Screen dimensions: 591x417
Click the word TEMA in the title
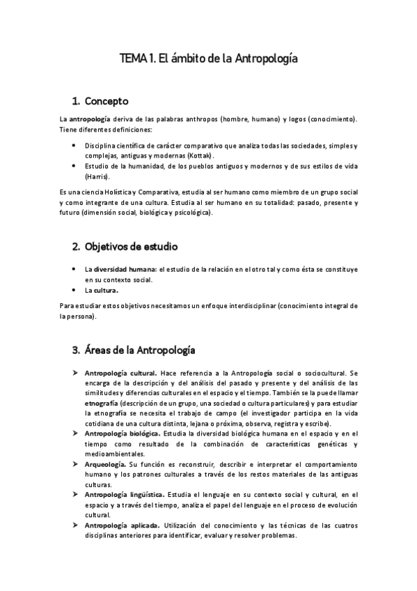coord(133,59)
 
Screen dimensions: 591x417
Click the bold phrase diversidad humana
coord(125,269)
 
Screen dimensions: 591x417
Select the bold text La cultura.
coord(102,290)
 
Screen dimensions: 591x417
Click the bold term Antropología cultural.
coord(120,372)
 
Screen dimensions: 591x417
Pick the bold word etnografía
coord(102,403)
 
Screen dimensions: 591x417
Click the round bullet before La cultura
coord(74,290)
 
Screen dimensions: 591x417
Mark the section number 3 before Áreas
coord(76,349)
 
